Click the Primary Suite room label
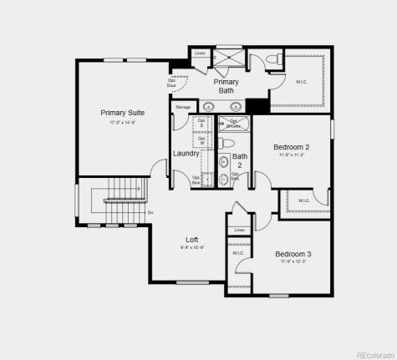(124, 113)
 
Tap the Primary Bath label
(226, 86)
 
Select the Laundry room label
(186, 154)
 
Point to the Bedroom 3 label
(293, 254)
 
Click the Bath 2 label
(240, 160)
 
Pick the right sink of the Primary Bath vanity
(237, 106)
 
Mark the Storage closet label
(184, 107)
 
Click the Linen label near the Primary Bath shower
(199, 53)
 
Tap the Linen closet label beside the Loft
(240, 230)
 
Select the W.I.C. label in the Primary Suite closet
(302, 82)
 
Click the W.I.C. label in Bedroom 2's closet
(303, 200)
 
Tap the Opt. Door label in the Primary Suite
(172, 84)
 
